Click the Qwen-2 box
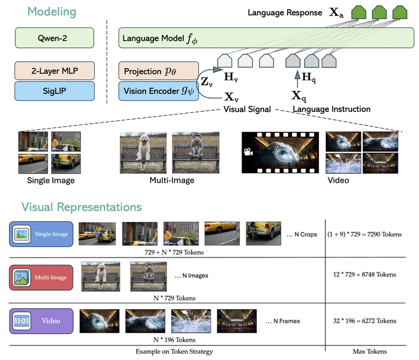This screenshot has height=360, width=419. (x=54, y=40)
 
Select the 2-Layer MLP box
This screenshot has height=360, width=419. (x=54, y=71)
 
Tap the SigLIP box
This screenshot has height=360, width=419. (x=54, y=91)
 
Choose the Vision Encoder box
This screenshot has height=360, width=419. (x=157, y=91)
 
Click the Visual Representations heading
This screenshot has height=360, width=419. (x=81, y=207)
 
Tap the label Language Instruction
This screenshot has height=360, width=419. (x=331, y=109)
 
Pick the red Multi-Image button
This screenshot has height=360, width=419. (x=40, y=277)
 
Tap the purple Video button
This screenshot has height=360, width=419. (x=40, y=321)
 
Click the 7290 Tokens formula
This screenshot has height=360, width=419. (x=365, y=234)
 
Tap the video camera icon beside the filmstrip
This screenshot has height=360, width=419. (x=249, y=152)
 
